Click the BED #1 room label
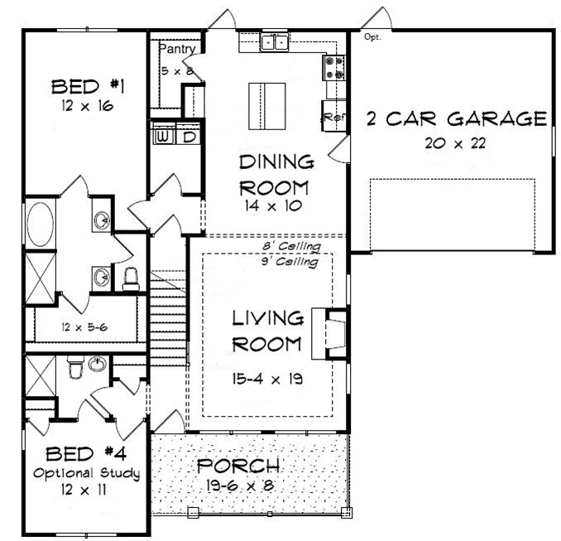pos(88,87)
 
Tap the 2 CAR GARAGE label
pos(457,118)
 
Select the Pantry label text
pos(177,49)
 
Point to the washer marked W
pos(164,137)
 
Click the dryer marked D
pos(188,137)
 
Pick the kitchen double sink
pos(275,42)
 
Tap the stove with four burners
pos(334,67)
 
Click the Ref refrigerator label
pos(334,117)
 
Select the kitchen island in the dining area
pos(267,106)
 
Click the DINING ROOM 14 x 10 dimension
pos(273,205)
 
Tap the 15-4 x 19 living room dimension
pos(267,379)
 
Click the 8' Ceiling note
pos(291,246)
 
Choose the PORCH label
pos(238,466)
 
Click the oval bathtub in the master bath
pos(41,225)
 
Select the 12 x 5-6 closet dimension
pos(84,327)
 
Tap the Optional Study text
pos(87,473)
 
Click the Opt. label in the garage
pos(372,36)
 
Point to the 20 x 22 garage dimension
pos(455,143)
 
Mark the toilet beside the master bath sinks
pos(131,278)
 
